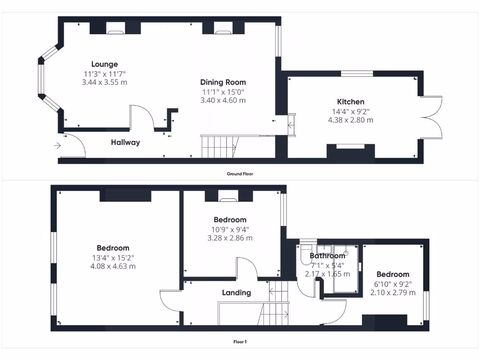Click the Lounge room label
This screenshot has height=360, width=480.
point(105,64)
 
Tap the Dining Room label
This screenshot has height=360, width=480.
point(223,82)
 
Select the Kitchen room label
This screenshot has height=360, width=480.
point(351,102)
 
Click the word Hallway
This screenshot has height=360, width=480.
point(125,142)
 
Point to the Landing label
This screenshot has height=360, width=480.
point(236,292)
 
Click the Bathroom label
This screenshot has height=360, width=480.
point(327,256)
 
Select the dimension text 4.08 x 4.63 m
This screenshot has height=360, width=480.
point(113,266)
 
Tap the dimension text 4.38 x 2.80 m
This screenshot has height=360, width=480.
point(351,120)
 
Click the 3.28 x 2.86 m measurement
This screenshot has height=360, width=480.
point(230,238)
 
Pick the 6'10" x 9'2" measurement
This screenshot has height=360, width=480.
point(393,284)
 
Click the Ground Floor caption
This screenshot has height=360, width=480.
point(240,173)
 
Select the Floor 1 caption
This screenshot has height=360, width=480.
point(240,342)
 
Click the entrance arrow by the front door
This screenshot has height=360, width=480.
point(57,146)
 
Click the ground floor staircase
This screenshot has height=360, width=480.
point(218,146)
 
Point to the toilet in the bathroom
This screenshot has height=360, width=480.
point(306,254)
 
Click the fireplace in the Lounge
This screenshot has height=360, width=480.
point(115,31)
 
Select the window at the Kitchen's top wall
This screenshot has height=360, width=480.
point(357,74)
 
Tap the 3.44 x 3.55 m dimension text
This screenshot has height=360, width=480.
point(105,82)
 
